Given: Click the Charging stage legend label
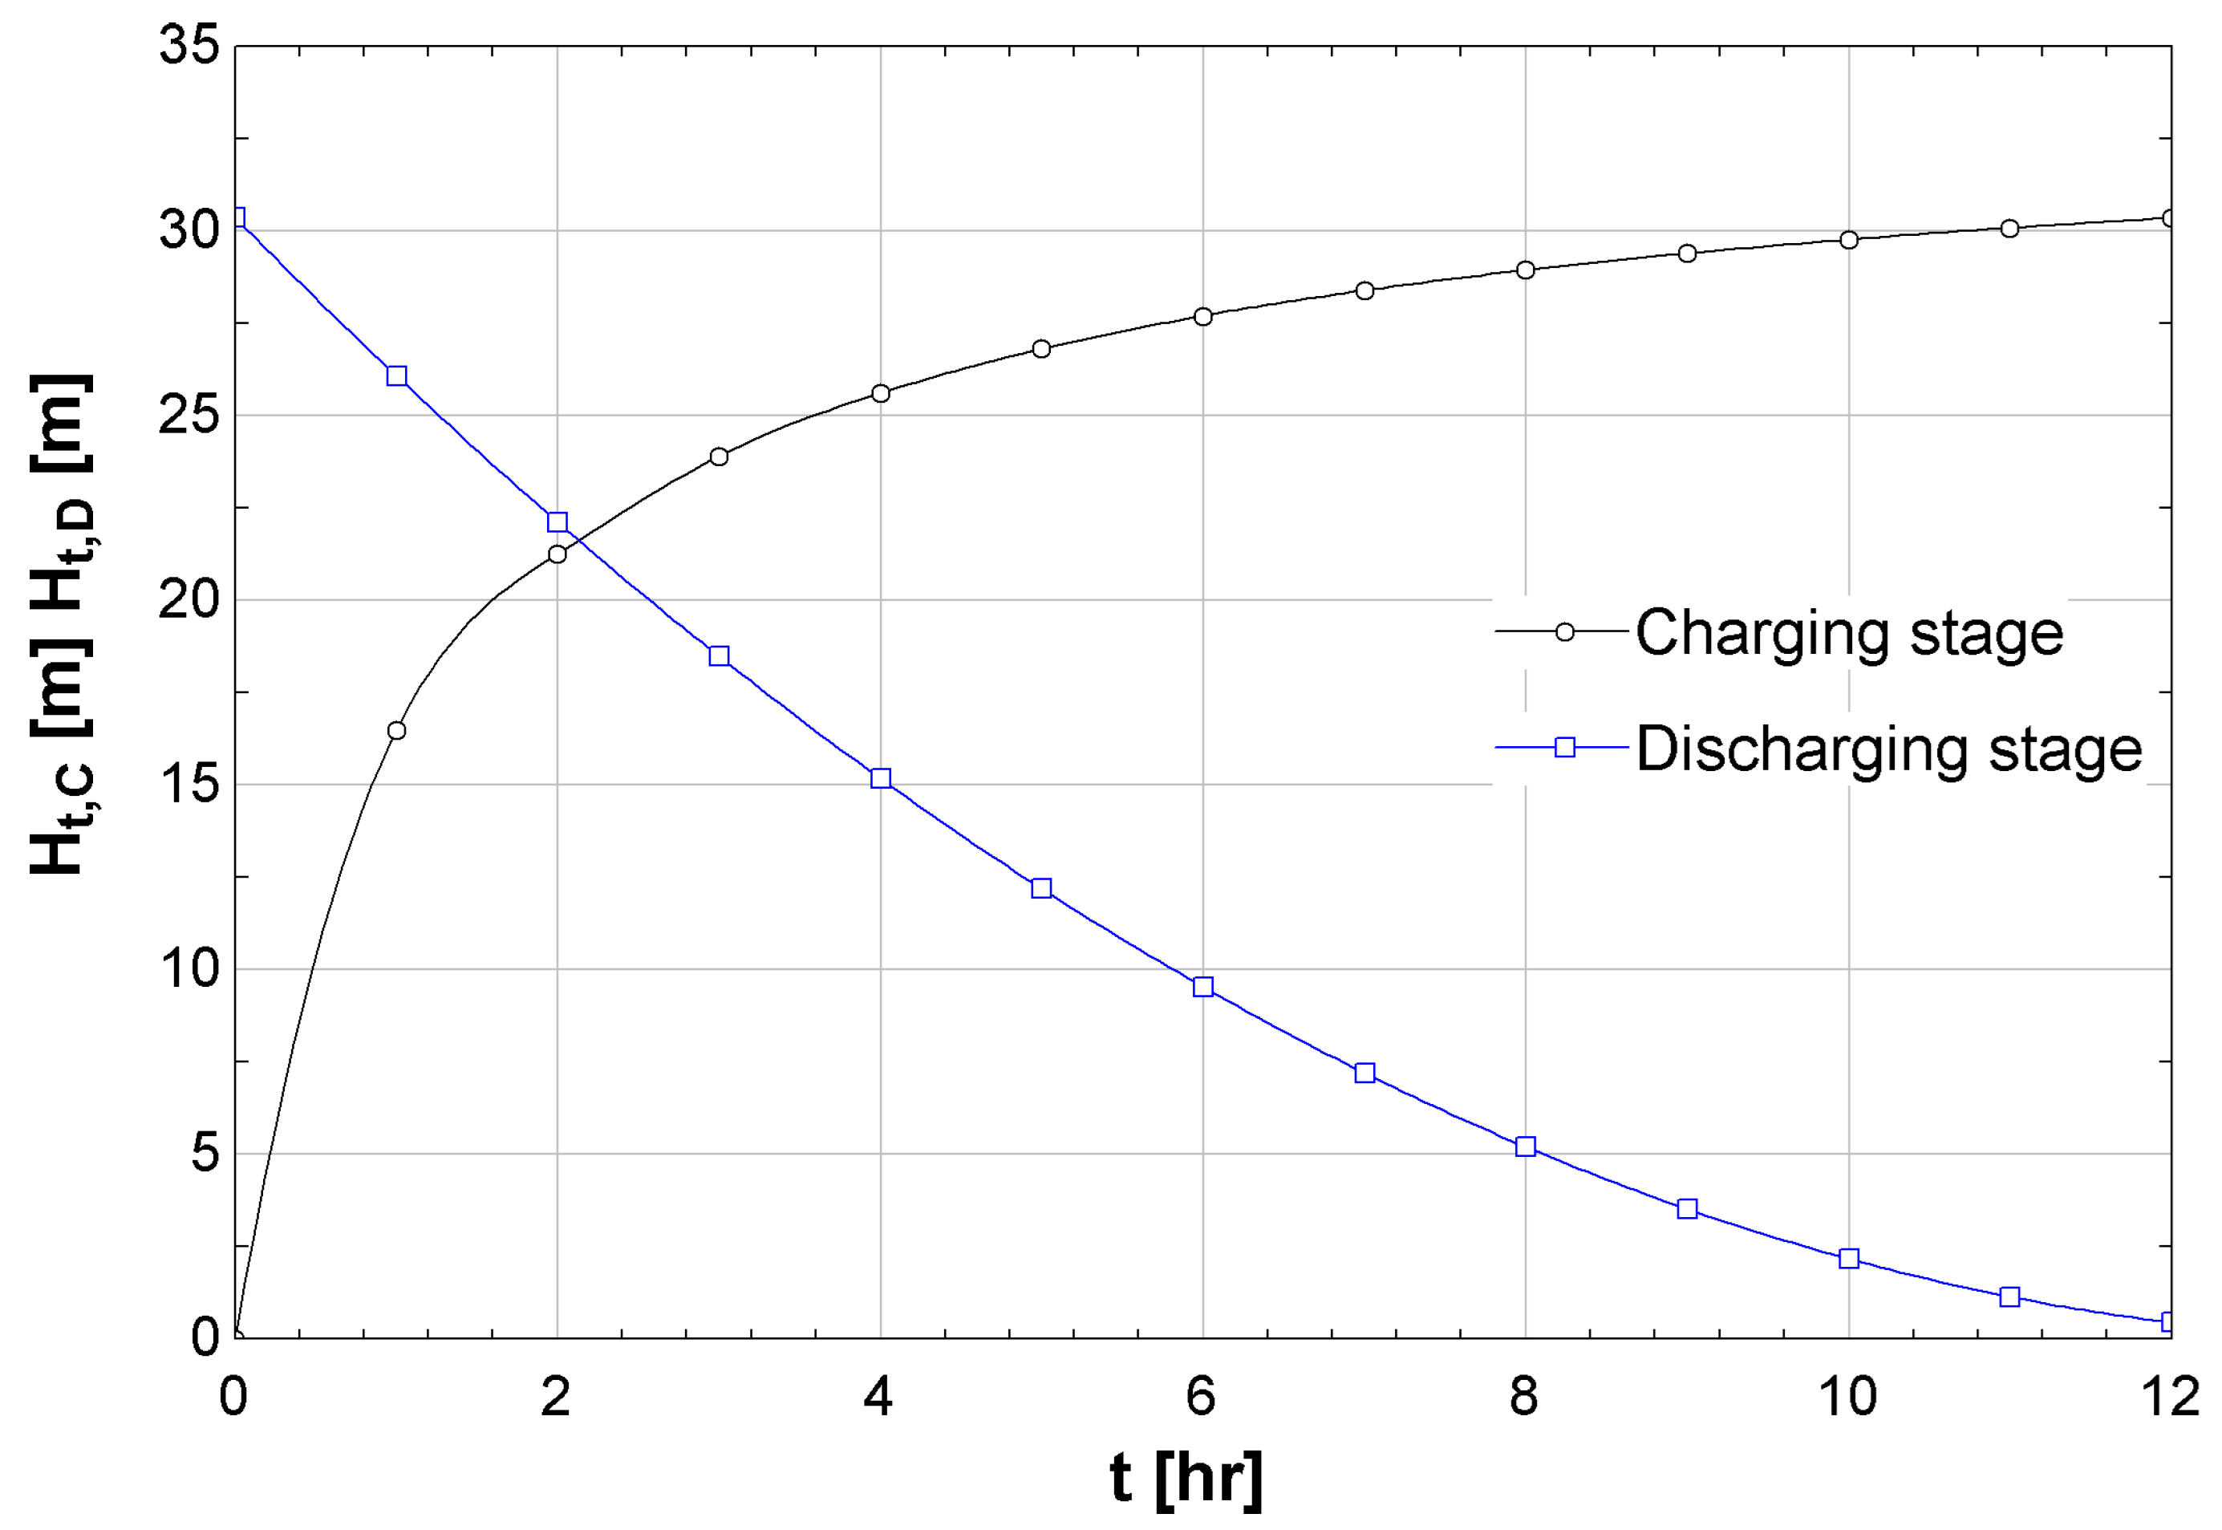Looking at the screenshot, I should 1848,633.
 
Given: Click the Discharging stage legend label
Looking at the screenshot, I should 1887,749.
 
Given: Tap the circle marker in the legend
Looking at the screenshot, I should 1564,631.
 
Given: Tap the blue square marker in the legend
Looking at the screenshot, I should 1564,747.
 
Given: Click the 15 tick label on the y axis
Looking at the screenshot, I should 189,784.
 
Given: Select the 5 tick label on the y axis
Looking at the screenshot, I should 205,1152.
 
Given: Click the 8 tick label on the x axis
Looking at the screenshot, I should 1524,1397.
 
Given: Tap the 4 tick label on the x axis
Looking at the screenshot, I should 878,1397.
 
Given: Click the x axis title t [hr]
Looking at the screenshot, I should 1185,1477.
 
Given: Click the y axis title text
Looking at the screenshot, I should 63,623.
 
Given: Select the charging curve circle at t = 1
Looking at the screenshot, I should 396,730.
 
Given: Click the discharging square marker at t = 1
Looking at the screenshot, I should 396,375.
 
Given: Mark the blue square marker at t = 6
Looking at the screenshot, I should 1203,987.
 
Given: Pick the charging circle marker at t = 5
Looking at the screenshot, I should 1041,348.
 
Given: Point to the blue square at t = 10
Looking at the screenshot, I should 1849,1259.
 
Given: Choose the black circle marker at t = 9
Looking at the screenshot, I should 1687,253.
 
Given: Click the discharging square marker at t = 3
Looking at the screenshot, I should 719,655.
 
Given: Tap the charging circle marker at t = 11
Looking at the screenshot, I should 2010,228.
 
